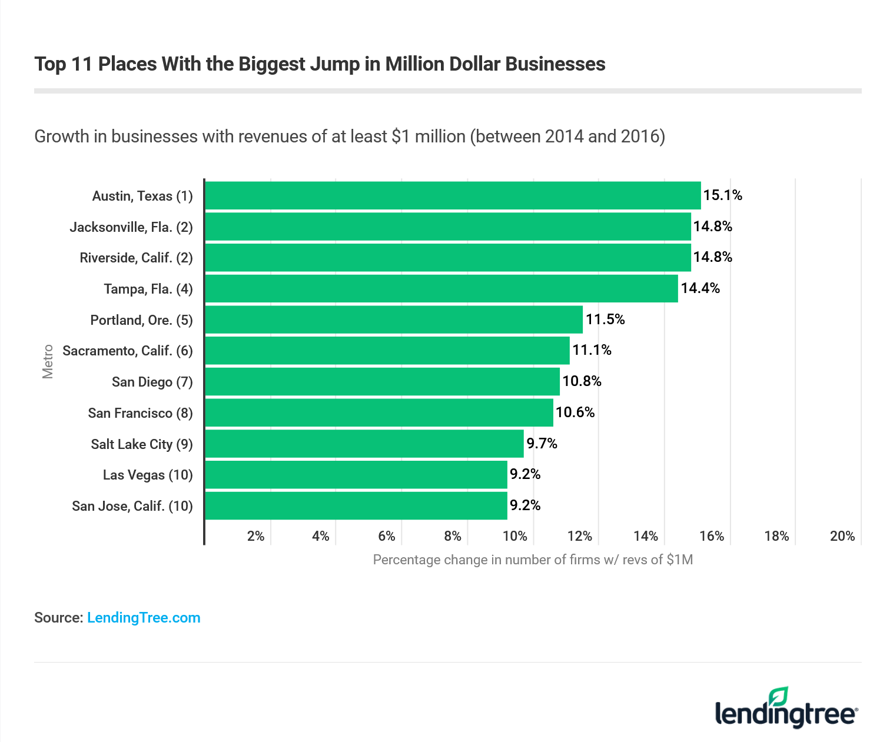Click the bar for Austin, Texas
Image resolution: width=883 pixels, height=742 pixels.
tap(453, 195)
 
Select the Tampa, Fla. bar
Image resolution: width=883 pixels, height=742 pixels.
tap(441, 288)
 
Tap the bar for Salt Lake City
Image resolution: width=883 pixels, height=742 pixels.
tap(364, 444)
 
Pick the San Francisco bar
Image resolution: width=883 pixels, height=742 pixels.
tap(379, 412)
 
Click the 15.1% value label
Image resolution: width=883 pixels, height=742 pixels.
tap(723, 195)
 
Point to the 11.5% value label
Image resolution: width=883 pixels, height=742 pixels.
tap(605, 320)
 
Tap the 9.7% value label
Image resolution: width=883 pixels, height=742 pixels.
tap(542, 444)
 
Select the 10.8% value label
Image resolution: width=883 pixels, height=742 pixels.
tap(582, 381)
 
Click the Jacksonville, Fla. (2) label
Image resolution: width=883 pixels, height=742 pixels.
tap(131, 227)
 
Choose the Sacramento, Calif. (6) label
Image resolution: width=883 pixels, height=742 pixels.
tap(128, 351)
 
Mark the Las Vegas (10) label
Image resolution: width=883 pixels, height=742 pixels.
tap(148, 475)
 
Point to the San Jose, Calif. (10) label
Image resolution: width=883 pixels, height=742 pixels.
tap(132, 506)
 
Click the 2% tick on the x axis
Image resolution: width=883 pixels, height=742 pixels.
tap(256, 536)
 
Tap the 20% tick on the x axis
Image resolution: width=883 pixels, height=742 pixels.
tap(842, 536)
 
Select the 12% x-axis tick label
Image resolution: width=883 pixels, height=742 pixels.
tap(580, 536)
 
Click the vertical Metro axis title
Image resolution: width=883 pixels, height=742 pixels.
tap(48, 361)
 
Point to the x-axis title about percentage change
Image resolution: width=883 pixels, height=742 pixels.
tap(533, 560)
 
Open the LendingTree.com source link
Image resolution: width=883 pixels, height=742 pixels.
tap(144, 618)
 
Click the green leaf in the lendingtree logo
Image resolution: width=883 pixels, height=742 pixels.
tap(779, 696)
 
